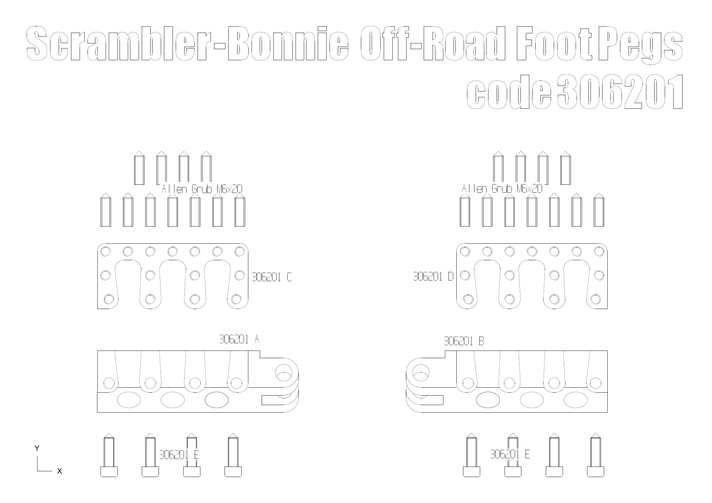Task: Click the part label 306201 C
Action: [x=272, y=277]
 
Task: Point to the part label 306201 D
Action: [x=433, y=276]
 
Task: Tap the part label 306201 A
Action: [x=239, y=339]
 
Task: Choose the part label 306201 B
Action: [x=464, y=341]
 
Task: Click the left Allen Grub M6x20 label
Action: [x=202, y=189]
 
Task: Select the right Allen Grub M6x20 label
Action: [x=502, y=189]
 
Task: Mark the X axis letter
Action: [x=59, y=471]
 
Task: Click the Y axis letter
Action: [x=37, y=448]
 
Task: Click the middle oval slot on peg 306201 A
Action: [x=173, y=400]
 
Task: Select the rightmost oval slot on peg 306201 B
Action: [x=575, y=400]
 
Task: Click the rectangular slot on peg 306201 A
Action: [x=273, y=400]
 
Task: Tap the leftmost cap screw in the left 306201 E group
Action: [x=109, y=455]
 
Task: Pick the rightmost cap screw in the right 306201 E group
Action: [x=596, y=455]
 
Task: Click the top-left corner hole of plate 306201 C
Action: [x=105, y=252]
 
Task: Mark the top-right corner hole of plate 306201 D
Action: [x=599, y=252]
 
